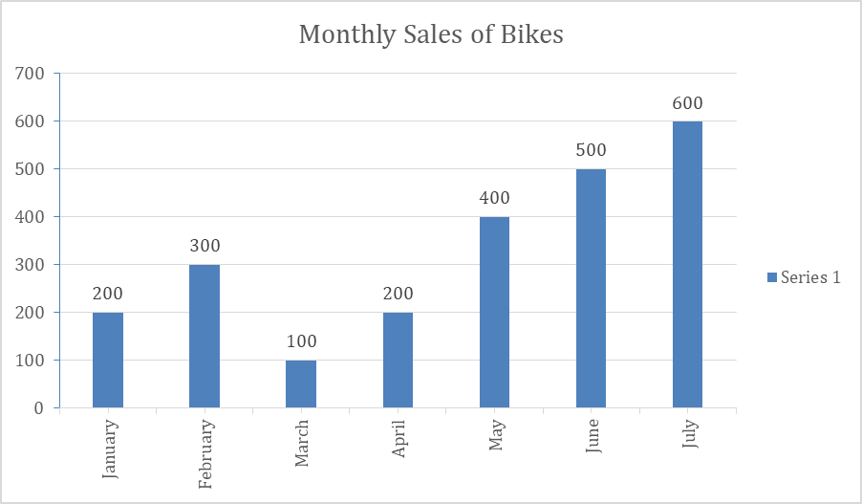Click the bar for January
[x=108, y=360]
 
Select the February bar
[x=205, y=336]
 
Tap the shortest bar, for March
[x=301, y=383]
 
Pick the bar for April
[x=398, y=360]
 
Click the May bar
[x=494, y=312]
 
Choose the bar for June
[x=591, y=288]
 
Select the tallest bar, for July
[x=687, y=264]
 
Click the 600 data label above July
[x=687, y=103]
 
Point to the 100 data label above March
[x=301, y=341]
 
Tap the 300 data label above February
[x=205, y=246]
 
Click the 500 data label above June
[x=591, y=151]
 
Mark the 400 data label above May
[x=494, y=199]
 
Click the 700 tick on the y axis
[x=30, y=74]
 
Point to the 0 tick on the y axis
[x=38, y=408]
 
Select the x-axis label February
[x=205, y=453]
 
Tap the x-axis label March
[x=302, y=443]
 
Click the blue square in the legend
[x=771, y=277]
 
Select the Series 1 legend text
[x=810, y=277]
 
